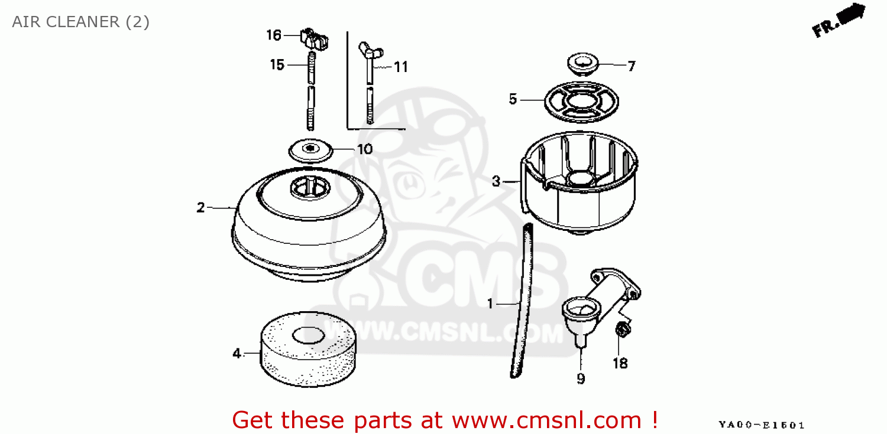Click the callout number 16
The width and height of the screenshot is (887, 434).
pyautogui.click(x=274, y=35)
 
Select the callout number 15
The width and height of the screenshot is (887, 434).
pyautogui.click(x=277, y=65)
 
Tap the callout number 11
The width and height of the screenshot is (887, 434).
pyautogui.click(x=401, y=67)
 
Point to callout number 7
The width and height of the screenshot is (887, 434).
pyautogui.click(x=632, y=66)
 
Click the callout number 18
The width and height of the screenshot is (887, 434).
pyautogui.click(x=620, y=363)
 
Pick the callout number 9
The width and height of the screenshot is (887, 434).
pyautogui.click(x=581, y=378)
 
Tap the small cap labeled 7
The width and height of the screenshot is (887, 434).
pyautogui.click(x=583, y=64)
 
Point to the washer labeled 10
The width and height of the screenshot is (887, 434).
pyautogui.click(x=310, y=150)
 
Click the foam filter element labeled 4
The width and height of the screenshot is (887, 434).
pyautogui.click(x=308, y=361)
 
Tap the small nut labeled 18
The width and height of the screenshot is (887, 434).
pyautogui.click(x=623, y=329)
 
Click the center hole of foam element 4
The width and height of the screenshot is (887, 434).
pyautogui.click(x=309, y=335)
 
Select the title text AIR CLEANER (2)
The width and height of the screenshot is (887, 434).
pyautogui.click(x=81, y=22)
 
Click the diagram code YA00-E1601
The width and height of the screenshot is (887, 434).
pyautogui.click(x=762, y=425)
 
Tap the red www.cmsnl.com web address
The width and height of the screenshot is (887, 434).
pyautogui.click(x=547, y=420)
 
